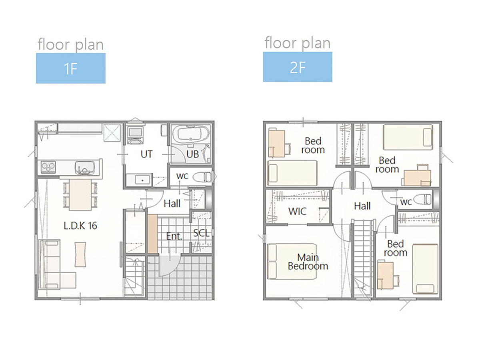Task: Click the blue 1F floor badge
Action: [x=71, y=68]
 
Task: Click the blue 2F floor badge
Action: [x=298, y=67]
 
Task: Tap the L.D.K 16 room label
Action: [x=80, y=226]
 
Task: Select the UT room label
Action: [x=146, y=154]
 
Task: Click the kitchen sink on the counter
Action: [x=85, y=168]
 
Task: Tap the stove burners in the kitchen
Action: [x=48, y=167]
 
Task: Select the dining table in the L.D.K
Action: [x=80, y=195]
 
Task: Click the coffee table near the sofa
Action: [x=80, y=254]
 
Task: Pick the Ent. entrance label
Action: [x=174, y=236]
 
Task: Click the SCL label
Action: [x=201, y=233]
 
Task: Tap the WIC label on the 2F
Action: [x=297, y=211]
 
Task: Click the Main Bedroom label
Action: [x=308, y=262]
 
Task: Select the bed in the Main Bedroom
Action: [x=292, y=262]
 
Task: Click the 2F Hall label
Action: [x=362, y=206]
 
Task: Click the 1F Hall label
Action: [x=172, y=204]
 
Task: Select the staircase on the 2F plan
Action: [x=362, y=258]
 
